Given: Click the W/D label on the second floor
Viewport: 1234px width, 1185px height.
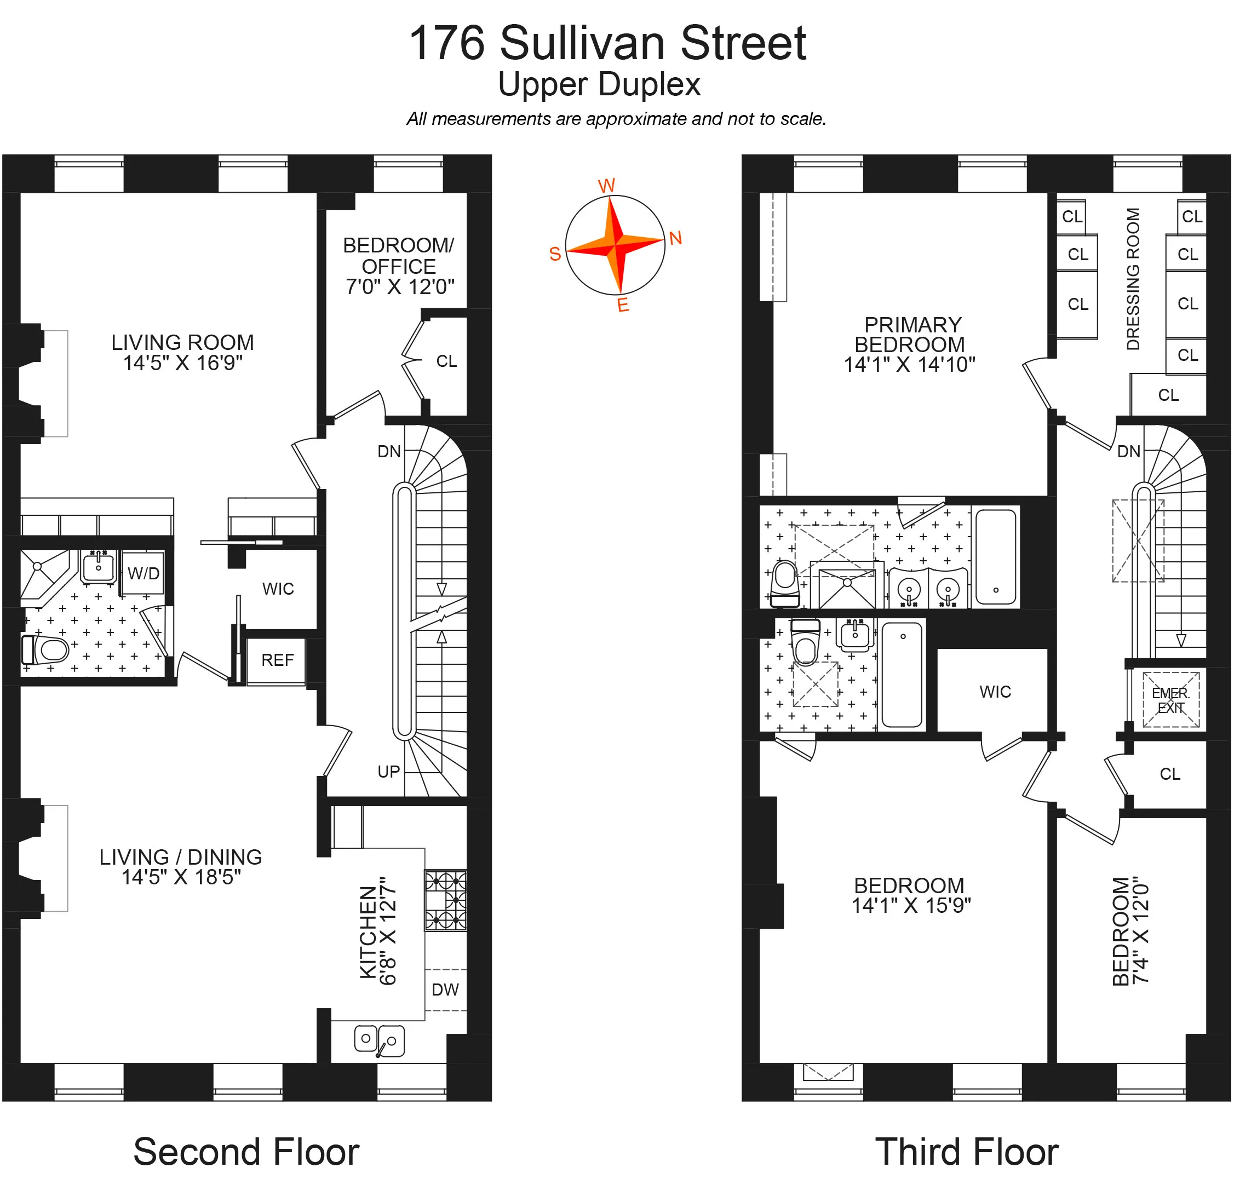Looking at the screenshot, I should pyautogui.click(x=144, y=573).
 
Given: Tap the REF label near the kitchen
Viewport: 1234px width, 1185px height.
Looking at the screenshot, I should pyautogui.click(x=277, y=660).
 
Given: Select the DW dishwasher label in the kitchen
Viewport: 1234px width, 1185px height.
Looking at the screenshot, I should pyautogui.click(x=445, y=990).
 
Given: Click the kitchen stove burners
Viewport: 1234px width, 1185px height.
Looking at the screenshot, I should pyautogui.click(x=445, y=900).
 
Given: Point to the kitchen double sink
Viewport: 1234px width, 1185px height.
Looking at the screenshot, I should pyautogui.click(x=379, y=1040).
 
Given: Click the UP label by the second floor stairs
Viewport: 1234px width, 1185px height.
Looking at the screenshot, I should pyautogui.click(x=388, y=772).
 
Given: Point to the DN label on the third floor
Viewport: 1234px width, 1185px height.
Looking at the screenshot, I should pyautogui.click(x=1128, y=451).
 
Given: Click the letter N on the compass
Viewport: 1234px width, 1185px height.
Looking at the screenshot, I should pyautogui.click(x=675, y=238).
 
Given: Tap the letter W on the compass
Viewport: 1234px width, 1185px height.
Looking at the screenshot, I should pyautogui.click(x=606, y=186).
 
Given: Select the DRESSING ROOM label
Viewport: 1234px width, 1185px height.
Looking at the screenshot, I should pyautogui.click(x=1133, y=279).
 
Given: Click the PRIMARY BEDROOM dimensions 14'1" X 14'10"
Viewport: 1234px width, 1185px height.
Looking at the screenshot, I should pyautogui.click(x=909, y=364).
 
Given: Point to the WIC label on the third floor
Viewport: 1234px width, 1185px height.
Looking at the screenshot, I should pyautogui.click(x=995, y=692).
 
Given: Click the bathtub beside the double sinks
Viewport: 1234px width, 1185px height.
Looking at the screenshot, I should pyautogui.click(x=995, y=556).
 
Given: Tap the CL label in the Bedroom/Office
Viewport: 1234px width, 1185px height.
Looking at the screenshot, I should pyautogui.click(x=446, y=361).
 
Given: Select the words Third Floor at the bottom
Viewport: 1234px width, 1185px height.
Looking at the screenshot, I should pyautogui.click(x=966, y=1152).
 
